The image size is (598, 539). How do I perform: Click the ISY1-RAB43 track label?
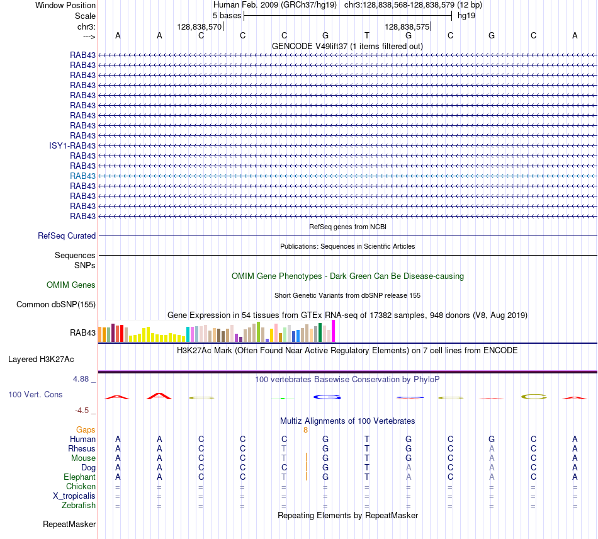coord(72,145)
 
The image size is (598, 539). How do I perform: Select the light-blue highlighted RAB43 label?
coord(82,176)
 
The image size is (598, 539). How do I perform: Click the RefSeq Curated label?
coord(67,235)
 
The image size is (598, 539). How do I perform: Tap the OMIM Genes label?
coord(71,285)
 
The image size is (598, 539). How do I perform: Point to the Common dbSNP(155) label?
coord(56,304)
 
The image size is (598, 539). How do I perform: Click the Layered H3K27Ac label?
coord(41,360)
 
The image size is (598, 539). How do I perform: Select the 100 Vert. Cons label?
coord(35,394)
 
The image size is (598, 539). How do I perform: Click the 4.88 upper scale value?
coord(81,379)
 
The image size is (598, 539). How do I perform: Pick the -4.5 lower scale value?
coord(82,411)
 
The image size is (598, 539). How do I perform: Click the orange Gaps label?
coord(86,430)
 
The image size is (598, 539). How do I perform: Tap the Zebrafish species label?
coord(79,506)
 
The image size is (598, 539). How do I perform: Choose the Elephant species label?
coord(79,477)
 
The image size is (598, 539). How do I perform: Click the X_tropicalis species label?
coord(74,496)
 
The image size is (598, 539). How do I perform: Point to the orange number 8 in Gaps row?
coord(305,430)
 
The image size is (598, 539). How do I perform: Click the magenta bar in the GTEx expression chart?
coord(334,331)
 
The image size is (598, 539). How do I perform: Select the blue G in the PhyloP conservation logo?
coord(327,397)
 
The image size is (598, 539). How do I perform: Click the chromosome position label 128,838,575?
coord(407,26)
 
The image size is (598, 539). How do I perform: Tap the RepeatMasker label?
coord(69,524)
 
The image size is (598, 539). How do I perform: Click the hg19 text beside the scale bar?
coord(466,16)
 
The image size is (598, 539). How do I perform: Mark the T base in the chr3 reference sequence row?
coord(367,35)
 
